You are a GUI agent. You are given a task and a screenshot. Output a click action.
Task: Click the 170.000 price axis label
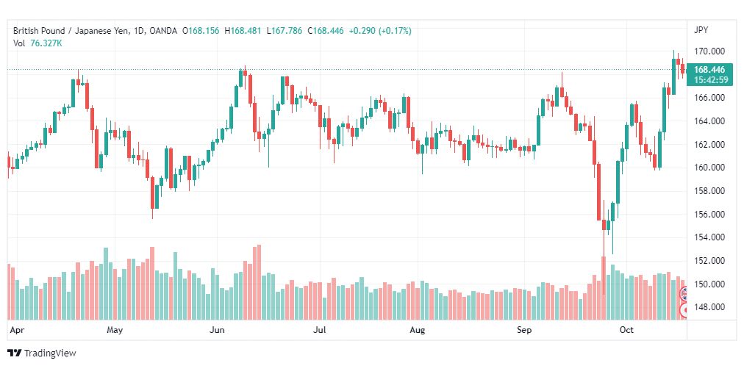(711, 51)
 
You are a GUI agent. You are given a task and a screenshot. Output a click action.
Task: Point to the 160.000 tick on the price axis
(711, 168)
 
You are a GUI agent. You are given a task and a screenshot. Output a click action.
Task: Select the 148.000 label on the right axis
(711, 307)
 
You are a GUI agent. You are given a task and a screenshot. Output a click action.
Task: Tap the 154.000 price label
(711, 237)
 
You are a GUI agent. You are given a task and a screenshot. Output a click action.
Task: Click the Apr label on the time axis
(17, 330)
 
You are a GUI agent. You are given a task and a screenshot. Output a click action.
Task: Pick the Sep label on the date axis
(524, 330)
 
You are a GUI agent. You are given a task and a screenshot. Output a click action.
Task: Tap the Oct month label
(627, 330)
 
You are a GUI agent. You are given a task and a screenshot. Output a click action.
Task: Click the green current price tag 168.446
(709, 70)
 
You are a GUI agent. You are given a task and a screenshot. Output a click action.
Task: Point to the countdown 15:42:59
(710, 79)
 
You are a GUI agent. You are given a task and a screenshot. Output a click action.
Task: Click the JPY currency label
(701, 30)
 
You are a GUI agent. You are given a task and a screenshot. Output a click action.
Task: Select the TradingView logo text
(50, 354)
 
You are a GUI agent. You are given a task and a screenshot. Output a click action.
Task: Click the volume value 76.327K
(46, 43)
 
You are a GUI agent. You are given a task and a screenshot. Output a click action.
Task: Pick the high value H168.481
(243, 31)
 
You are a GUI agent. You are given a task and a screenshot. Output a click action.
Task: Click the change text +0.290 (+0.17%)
(380, 31)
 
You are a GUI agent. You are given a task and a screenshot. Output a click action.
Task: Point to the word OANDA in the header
(163, 31)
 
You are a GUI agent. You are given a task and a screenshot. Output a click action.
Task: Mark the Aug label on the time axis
(418, 330)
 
